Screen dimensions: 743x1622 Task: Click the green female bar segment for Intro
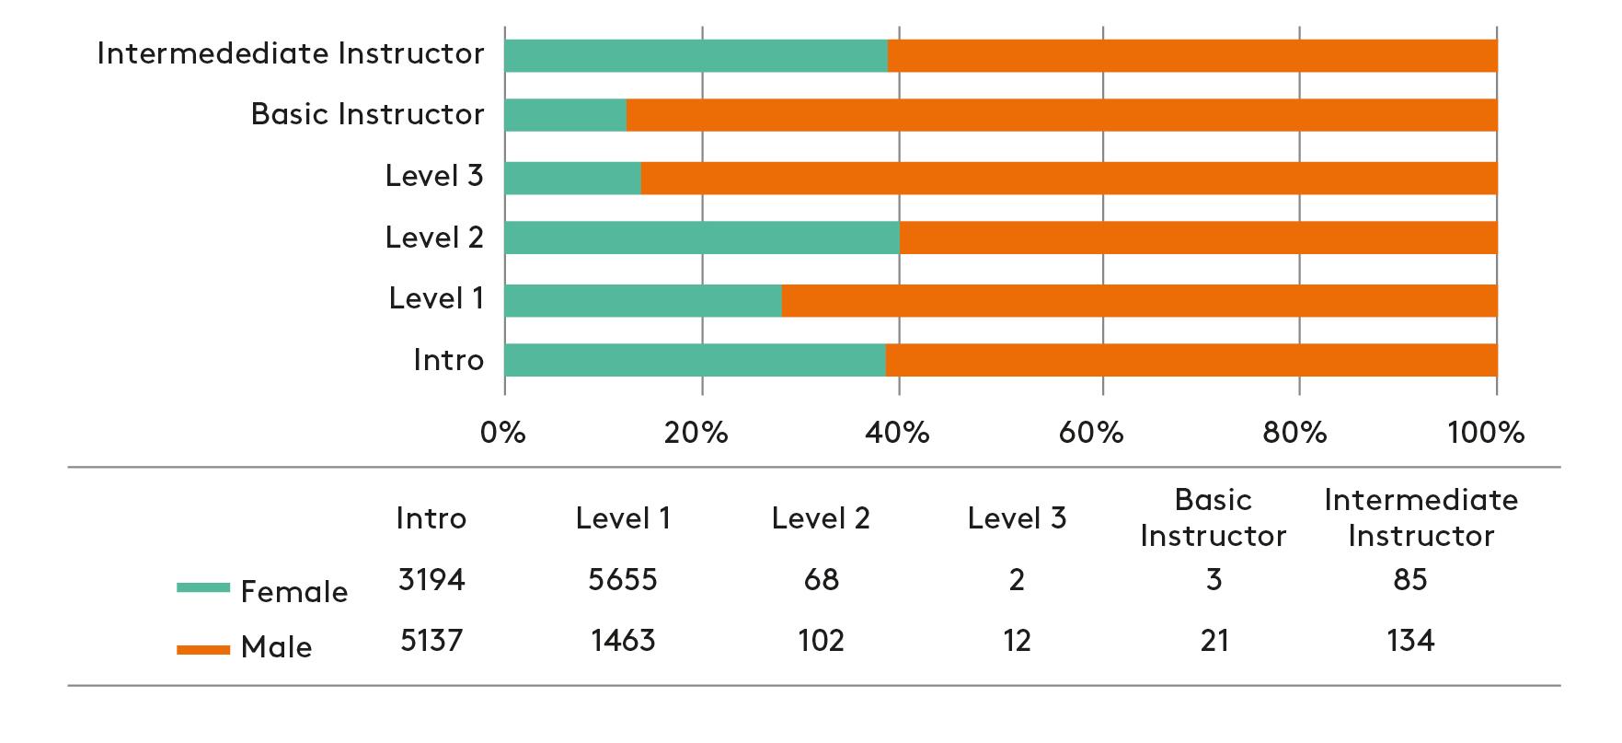click(695, 360)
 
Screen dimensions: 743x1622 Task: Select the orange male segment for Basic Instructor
click(1062, 115)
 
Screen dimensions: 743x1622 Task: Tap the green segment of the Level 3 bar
click(572, 178)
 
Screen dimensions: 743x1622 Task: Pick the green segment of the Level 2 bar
click(702, 238)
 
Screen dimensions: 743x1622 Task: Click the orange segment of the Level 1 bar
click(1139, 300)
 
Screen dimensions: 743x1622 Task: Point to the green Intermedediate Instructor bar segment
click(696, 55)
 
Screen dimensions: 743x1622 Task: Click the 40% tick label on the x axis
click(898, 433)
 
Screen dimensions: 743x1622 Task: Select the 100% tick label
click(1486, 433)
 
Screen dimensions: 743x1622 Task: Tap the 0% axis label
click(503, 433)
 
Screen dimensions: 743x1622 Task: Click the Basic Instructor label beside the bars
click(367, 114)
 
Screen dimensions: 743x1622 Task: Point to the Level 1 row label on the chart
click(436, 298)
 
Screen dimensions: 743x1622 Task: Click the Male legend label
click(276, 647)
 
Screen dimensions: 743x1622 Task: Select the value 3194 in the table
click(431, 580)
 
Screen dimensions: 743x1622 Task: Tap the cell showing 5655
click(623, 580)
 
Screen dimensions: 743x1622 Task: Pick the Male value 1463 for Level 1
click(623, 640)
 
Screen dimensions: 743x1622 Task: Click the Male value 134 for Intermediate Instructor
click(1409, 640)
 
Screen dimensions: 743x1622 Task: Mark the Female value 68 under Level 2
click(821, 580)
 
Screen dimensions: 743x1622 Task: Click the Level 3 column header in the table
click(1017, 518)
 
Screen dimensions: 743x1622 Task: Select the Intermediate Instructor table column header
click(1421, 518)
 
